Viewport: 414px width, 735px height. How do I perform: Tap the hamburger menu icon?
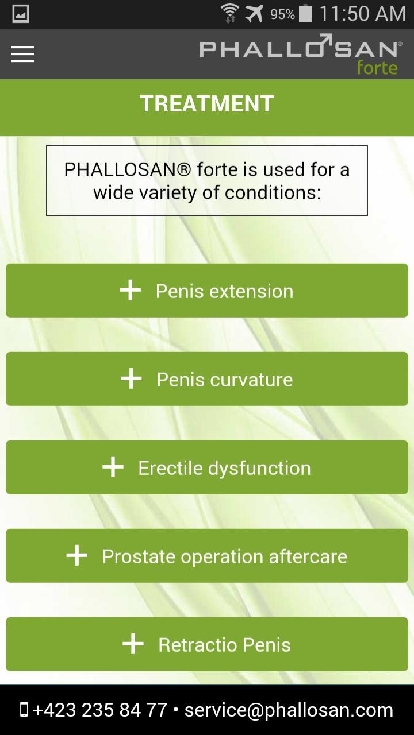coord(23,54)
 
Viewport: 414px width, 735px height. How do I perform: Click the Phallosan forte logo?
coord(301,55)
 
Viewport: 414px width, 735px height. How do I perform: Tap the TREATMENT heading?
coord(206,104)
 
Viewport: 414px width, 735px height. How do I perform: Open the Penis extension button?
coord(207,291)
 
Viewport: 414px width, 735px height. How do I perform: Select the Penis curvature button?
coord(207,379)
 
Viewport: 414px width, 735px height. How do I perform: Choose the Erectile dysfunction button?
coord(207,467)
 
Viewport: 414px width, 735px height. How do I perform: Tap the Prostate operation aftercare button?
coord(207,556)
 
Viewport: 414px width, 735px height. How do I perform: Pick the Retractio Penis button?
coord(207,644)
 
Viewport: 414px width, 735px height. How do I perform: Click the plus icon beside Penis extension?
coord(131,290)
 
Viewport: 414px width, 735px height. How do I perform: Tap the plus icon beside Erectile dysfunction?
coord(113,467)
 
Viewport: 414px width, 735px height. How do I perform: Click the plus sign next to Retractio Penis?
coord(133,644)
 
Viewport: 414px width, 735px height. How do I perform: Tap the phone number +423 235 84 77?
coord(100,710)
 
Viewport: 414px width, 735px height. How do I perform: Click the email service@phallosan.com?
coord(289,711)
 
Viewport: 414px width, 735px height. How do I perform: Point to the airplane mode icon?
coord(254,14)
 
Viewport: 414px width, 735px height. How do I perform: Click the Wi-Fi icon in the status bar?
coord(230,13)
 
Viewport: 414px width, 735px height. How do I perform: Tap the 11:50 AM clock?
coord(363,14)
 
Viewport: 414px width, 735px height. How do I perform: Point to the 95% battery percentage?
coord(282,14)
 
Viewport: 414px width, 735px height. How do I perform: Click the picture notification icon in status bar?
coord(21,14)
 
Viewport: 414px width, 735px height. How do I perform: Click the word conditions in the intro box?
coord(273,192)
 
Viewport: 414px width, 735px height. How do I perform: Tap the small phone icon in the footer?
coord(24,710)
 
